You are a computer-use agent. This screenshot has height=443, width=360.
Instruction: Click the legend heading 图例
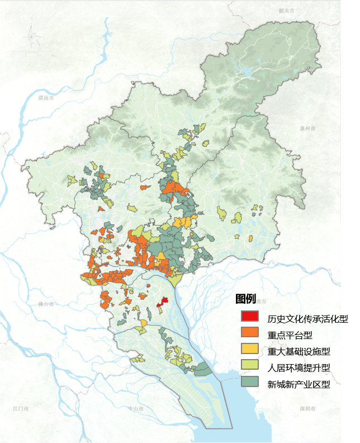click(245, 299)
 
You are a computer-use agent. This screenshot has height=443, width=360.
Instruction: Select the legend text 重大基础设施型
click(299, 352)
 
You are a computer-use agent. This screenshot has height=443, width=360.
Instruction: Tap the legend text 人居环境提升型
click(299, 368)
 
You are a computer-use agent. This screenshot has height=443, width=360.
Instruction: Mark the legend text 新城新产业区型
click(299, 384)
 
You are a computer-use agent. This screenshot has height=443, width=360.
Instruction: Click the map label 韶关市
click(286, 11)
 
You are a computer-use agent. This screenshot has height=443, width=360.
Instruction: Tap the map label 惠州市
click(307, 128)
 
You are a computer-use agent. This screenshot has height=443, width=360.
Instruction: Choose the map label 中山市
click(136, 409)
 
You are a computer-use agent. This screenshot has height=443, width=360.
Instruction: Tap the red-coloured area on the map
click(163, 301)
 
